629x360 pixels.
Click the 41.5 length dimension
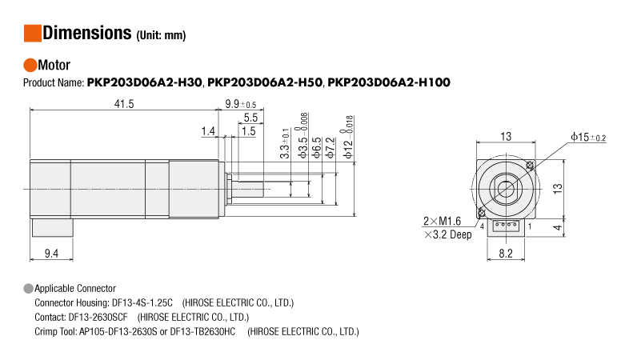click(x=123, y=104)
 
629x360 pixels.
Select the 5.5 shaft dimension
click(x=250, y=118)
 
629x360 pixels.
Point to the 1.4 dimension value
click(x=208, y=130)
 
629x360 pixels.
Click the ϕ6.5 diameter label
click(x=318, y=142)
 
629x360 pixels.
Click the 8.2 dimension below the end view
click(x=505, y=254)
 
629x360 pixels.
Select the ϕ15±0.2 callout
click(x=588, y=138)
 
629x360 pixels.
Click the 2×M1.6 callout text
click(x=442, y=221)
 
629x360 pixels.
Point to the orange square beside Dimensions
click(x=32, y=33)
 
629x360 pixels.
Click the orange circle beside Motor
click(x=30, y=65)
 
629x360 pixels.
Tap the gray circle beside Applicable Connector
click(x=29, y=288)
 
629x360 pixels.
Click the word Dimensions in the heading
click(x=86, y=33)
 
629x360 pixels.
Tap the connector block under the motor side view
click(x=52, y=227)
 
